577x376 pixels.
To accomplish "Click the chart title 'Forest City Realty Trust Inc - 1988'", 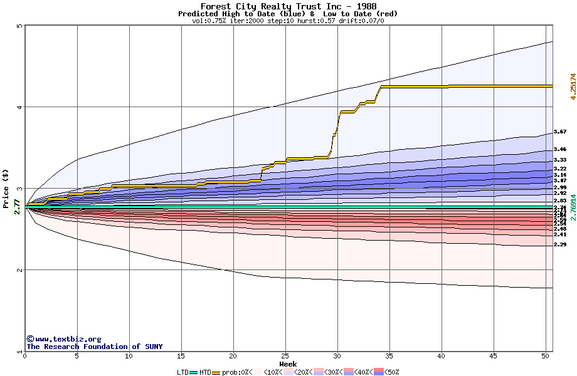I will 288,6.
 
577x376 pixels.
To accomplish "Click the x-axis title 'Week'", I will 288,363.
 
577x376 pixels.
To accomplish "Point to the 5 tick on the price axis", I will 19,26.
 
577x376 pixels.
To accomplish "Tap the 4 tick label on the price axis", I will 19,107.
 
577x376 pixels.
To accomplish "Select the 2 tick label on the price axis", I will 19,270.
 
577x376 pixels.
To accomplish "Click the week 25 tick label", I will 285,357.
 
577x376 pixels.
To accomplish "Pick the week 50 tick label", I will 545,357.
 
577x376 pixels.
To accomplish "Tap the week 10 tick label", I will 129,357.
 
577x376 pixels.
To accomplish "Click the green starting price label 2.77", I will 17,206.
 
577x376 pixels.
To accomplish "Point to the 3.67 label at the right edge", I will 560,132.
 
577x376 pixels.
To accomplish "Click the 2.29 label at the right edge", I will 560,244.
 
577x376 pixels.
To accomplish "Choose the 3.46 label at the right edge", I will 560,149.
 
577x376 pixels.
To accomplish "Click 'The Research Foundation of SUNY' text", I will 94,347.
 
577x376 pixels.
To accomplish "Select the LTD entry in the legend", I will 184,372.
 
